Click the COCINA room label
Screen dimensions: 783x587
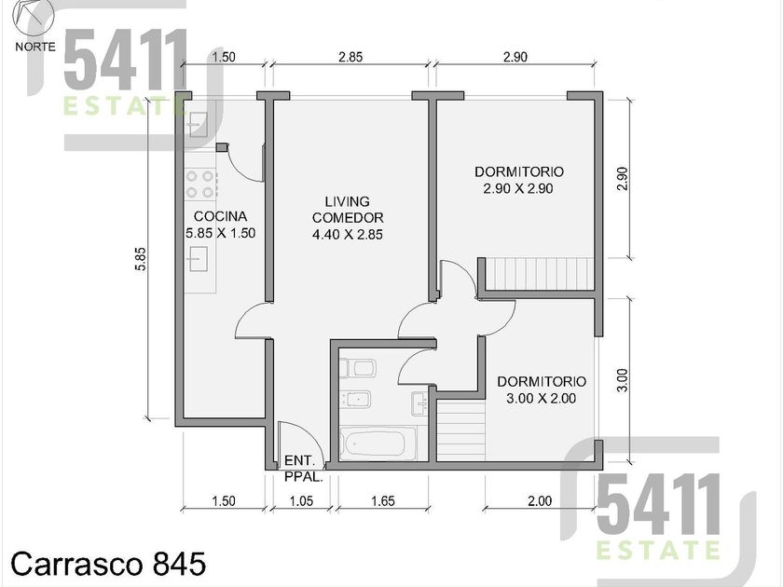(x=220, y=225)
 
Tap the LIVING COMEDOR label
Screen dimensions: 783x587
(x=348, y=218)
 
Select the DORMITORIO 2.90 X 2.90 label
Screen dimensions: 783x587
(x=519, y=180)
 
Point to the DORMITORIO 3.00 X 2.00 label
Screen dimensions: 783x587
(x=542, y=389)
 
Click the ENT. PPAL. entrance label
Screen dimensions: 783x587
(x=303, y=469)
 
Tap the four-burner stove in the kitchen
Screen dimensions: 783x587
(x=199, y=184)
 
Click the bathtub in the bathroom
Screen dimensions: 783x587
(x=377, y=444)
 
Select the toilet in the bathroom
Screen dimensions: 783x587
(x=359, y=368)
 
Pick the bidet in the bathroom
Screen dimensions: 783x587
(x=355, y=399)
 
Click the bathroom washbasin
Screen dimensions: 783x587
(x=419, y=403)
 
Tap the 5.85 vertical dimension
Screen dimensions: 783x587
(x=142, y=259)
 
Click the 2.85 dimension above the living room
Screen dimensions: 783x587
(x=350, y=57)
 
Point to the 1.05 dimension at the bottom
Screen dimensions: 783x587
(x=302, y=500)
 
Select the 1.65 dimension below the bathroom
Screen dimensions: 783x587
(x=383, y=500)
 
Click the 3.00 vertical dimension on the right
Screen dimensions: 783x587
(x=623, y=380)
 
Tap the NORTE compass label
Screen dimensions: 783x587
(x=35, y=47)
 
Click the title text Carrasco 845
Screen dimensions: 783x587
(x=108, y=564)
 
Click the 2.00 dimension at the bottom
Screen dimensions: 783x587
(x=540, y=500)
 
